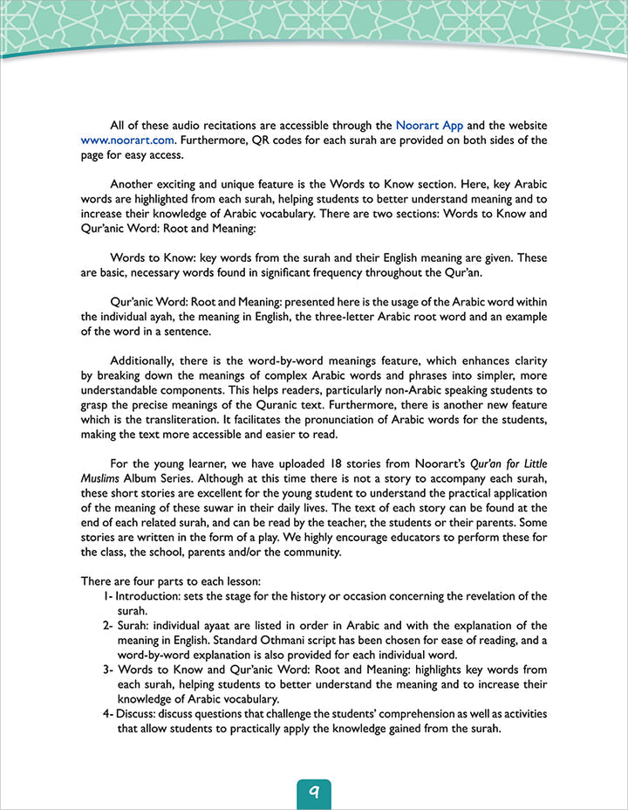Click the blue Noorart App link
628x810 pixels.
pos(429,125)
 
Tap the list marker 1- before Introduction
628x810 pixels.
pos(107,596)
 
